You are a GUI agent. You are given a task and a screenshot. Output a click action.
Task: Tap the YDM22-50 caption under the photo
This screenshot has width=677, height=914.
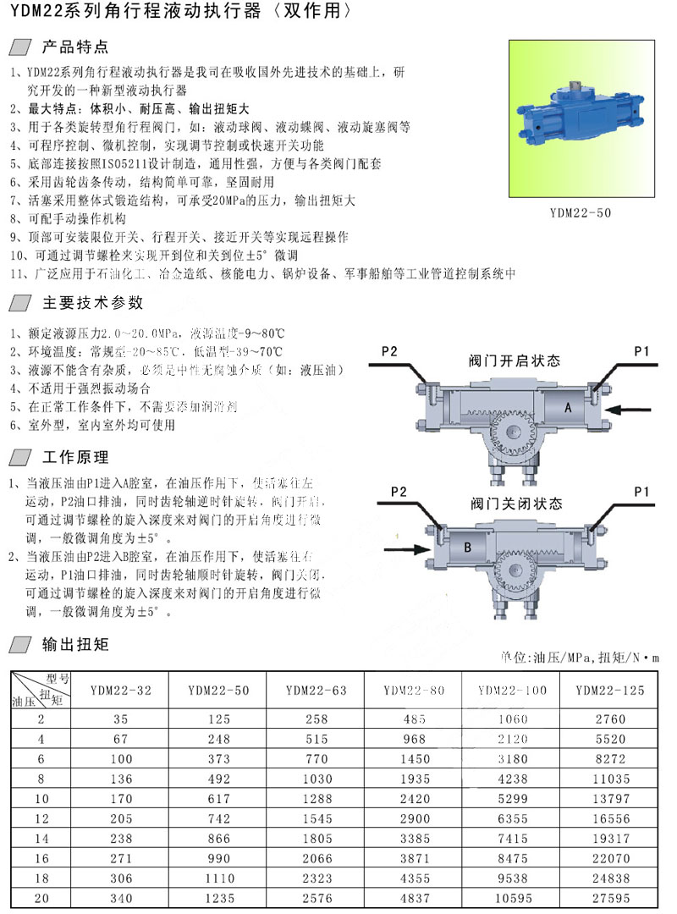pyautogui.click(x=580, y=213)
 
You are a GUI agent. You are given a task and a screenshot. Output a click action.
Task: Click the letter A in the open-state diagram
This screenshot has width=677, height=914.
pyautogui.click(x=568, y=408)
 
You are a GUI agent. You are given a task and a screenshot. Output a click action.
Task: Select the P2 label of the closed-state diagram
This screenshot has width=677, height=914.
pyautogui.click(x=399, y=491)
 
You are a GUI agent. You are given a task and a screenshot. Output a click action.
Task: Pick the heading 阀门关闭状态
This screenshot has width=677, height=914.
pyautogui.click(x=516, y=504)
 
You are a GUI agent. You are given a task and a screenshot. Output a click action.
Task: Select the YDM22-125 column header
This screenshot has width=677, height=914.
pyautogui.click(x=609, y=691)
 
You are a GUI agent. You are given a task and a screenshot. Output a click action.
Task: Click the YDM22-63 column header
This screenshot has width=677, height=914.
pyautogui.click(x=316, y=691)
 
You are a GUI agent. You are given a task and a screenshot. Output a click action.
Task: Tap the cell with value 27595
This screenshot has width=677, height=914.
pyautogui.click(x=611, y=896)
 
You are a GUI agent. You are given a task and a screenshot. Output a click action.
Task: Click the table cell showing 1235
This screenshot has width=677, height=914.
pyautogui.click(x=217, y=896)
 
